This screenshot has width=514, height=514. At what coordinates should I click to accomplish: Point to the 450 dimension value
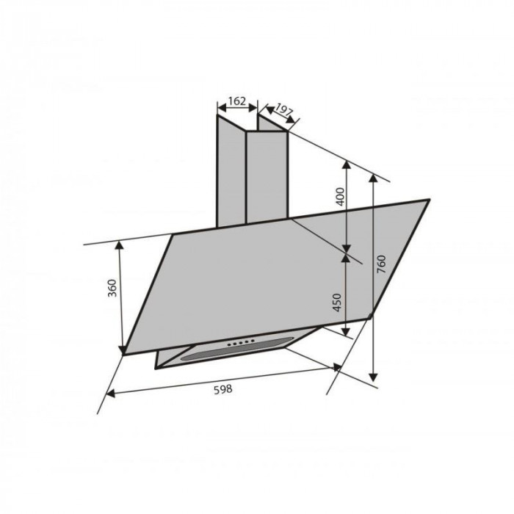pyautogui.click(x=339, y=303)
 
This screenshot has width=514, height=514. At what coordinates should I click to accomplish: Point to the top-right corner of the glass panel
pyautogui.click(x=428, y=200)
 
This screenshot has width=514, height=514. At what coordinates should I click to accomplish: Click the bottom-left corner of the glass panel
pyautogui.click(x=126, y=352)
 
